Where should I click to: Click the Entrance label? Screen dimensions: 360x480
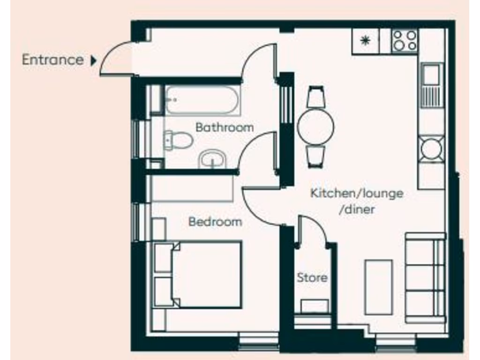[x=52, y=60]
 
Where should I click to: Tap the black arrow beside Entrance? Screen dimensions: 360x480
[x=93, y=60]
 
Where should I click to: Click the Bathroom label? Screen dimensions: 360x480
[x=225, y=127]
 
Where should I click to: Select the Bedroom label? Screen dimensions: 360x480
[x=215, y=221]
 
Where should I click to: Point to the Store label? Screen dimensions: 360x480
[x=312, y=277]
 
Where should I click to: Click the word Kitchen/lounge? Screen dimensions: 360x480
[x=357, y=193]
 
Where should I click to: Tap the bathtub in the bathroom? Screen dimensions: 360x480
[x=202, y=100]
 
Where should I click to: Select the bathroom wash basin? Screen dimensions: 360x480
[x=213, y=159]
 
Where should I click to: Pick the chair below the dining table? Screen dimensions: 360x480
[x=315, y=156]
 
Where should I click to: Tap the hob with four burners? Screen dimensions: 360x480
[x=405, y=40]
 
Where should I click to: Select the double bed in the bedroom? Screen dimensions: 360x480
[x=202, y=274]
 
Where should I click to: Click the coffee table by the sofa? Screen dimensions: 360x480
[x=378, y=287]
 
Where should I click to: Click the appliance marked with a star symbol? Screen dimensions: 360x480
[x=365, y=41]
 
